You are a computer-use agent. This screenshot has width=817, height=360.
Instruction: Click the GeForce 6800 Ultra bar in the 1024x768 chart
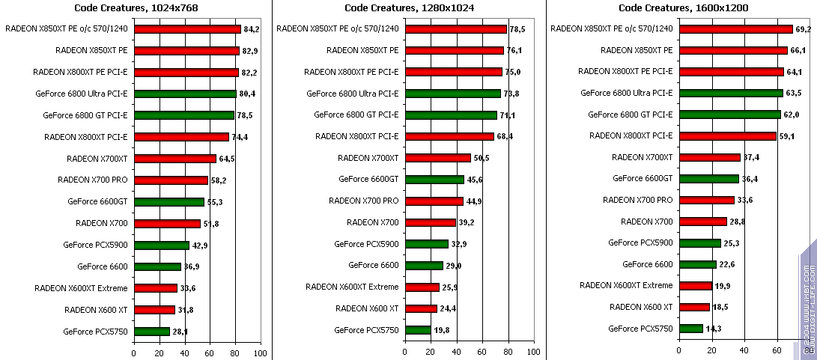pos(185,94)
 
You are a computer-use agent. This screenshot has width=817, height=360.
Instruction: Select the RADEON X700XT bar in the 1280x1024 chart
pos(437,158)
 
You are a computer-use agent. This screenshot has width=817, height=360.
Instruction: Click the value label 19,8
pos(441,330)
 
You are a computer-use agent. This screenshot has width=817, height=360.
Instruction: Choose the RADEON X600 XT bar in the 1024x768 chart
pos(154,310)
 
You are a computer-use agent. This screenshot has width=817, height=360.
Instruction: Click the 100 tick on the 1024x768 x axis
pos(260,353)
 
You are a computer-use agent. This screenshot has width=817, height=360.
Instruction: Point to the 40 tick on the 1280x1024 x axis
pos(457,353)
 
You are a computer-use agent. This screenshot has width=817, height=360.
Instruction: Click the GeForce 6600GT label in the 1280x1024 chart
pos(368,180)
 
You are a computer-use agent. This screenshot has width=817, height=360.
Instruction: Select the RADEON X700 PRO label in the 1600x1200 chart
pos(638,200)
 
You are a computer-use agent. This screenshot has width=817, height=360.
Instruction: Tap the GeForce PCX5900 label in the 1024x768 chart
pos(95,245)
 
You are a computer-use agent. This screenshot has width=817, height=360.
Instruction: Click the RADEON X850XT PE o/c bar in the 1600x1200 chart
pos(735,29)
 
